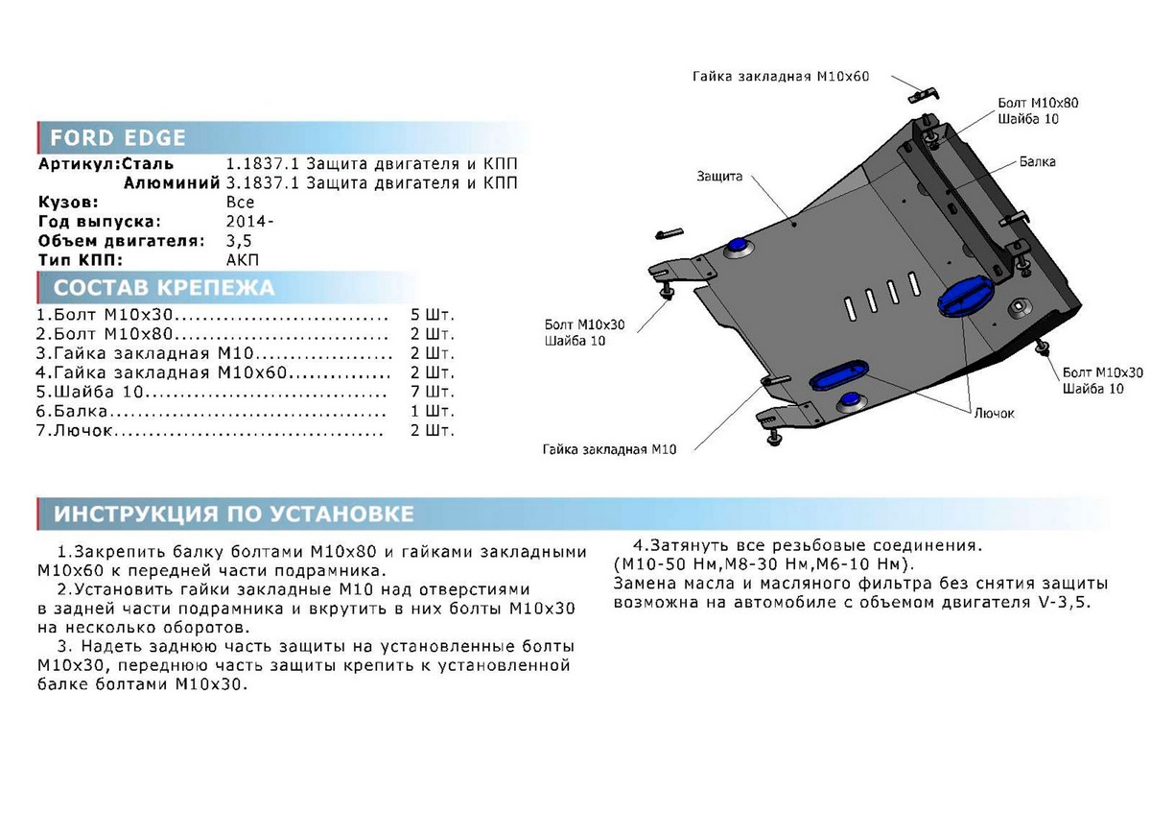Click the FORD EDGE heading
(117, 137)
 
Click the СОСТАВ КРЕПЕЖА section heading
(163, 288)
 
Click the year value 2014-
(249, 222)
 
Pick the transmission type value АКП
(243, 260)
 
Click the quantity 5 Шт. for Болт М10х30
(432, 315)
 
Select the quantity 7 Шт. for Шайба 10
(432, 393)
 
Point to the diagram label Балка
(1038, 162)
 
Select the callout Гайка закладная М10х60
(780, 77)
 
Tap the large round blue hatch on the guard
(962, 298)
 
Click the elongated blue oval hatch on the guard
(841, 376)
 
